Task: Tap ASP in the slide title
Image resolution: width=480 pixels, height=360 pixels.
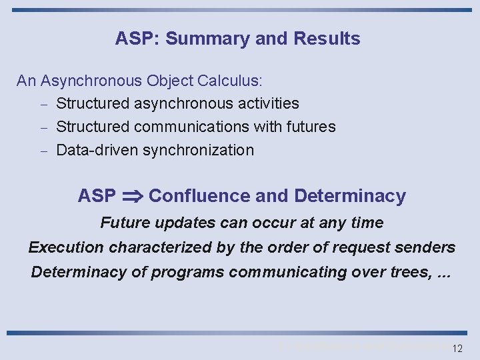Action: point(134,39)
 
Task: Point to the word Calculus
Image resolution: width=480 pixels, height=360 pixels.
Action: point(230,81)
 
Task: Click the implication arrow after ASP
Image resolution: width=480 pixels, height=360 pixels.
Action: point(132,197)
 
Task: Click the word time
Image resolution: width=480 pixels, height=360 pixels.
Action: point(367,223)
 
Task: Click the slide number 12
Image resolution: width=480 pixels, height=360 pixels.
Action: point(457,349)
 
